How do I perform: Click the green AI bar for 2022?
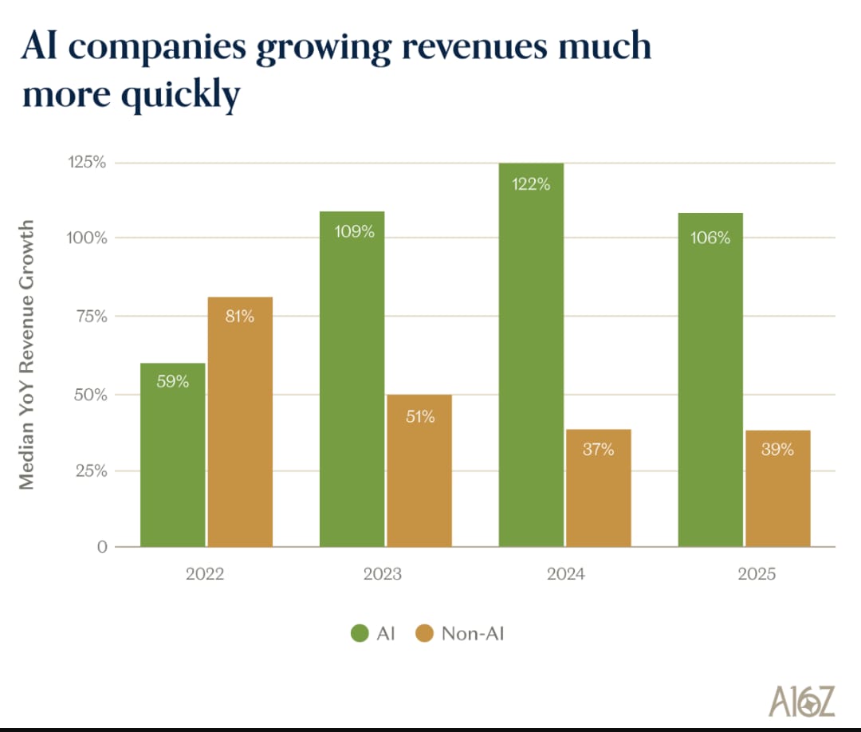tap(172, 455)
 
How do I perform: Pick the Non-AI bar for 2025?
tap(777, 488)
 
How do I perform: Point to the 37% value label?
tap(598, 450)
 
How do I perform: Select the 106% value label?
tap(710, 238)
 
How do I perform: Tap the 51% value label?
tap(419, 416)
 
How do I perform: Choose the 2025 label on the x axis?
tap(756, 574)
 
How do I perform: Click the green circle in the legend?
tap(359, 634)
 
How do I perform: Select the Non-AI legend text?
tap(473, 634)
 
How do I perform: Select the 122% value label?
tap(531, 184)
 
